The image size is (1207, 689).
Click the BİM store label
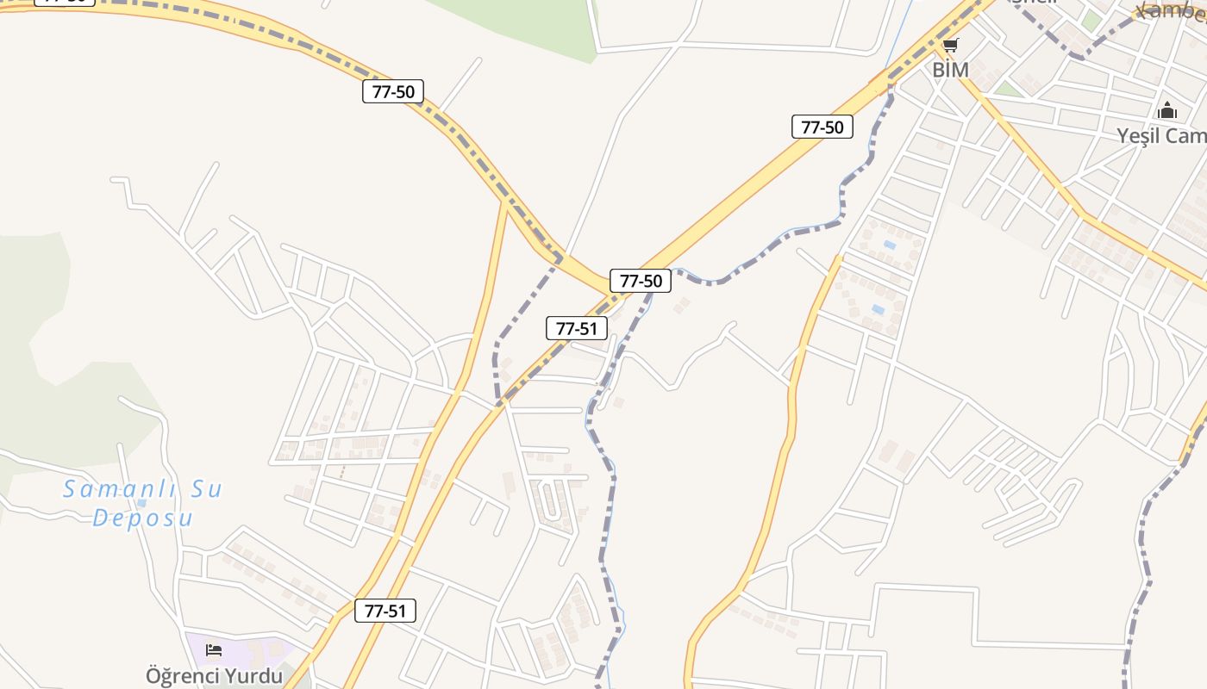click(950, 70)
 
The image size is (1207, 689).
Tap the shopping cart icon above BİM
click(950, 45)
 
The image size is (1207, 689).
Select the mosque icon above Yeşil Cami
click(1167, 110)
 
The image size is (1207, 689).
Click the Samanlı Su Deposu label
click(142, 503)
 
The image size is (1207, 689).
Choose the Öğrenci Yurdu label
click(214, 676)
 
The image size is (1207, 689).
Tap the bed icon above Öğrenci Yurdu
click(214, 649)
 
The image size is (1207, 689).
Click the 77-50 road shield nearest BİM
click(822, 127)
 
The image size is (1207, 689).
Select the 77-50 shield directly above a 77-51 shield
click(641, 280)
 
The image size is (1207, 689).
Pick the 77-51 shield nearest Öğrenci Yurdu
click(385, 611)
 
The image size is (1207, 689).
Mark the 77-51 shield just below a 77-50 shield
click(577, 327)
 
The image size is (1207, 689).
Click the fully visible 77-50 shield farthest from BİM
click(393, 91)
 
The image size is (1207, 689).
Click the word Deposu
click(142, 518)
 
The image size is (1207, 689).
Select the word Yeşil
click(1137, 136)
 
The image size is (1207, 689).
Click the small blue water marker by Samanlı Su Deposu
click(141, 502)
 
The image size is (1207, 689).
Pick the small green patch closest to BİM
click(1006, 89)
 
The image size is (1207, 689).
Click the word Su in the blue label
click(206, 489)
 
